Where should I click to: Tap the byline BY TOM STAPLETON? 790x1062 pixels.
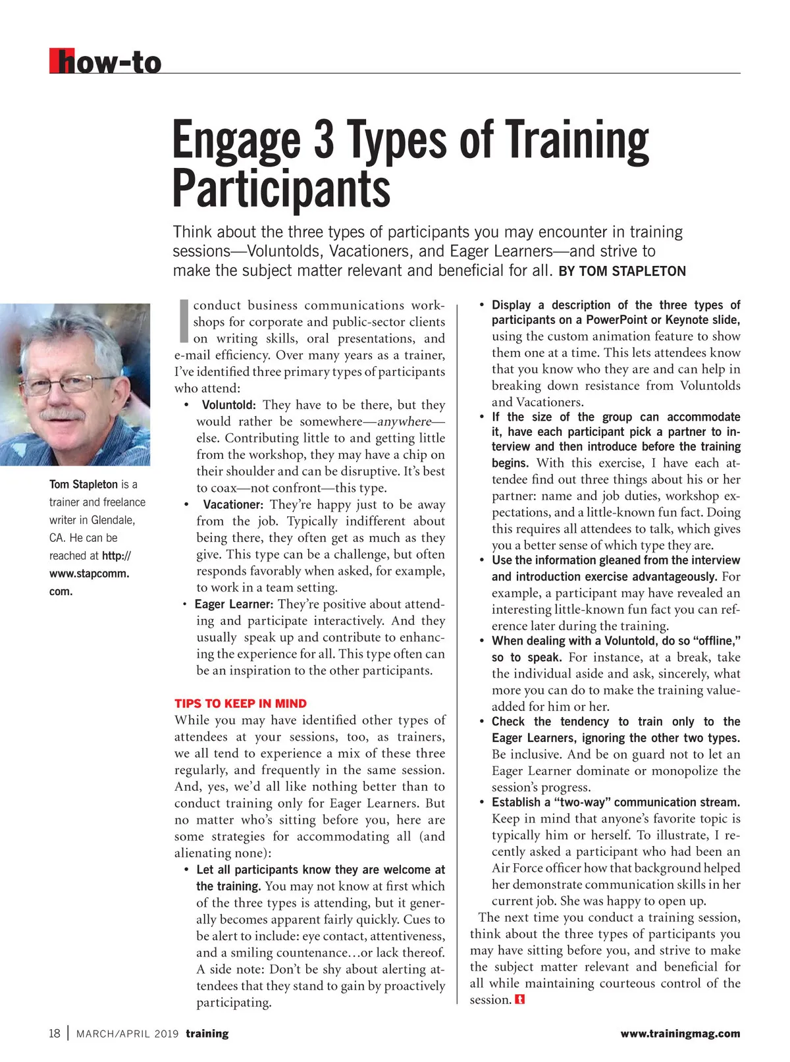tap(621, 271)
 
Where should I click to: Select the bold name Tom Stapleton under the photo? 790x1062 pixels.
tap(84, 485)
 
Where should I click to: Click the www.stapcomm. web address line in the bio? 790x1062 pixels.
tap(89, 573)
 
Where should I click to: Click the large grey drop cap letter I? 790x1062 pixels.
tap(184, 321)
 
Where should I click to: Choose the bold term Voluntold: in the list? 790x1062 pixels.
tap(228, 405)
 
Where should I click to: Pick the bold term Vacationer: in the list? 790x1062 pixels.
tap(233, 505)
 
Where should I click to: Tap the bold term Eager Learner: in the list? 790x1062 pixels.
tap(234, 604)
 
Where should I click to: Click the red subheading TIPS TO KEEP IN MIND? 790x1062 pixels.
tap(240, 703)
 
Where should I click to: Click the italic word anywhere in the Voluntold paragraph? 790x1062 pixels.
tap(404, 421)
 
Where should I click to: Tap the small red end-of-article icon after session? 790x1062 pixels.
tap(520, 1000)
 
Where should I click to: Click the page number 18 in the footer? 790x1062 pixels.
tap(55, 1033)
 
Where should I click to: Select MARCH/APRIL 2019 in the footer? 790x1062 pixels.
tap(127, 1034)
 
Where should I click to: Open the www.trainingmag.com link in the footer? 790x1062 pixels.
tap(680, 1034)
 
